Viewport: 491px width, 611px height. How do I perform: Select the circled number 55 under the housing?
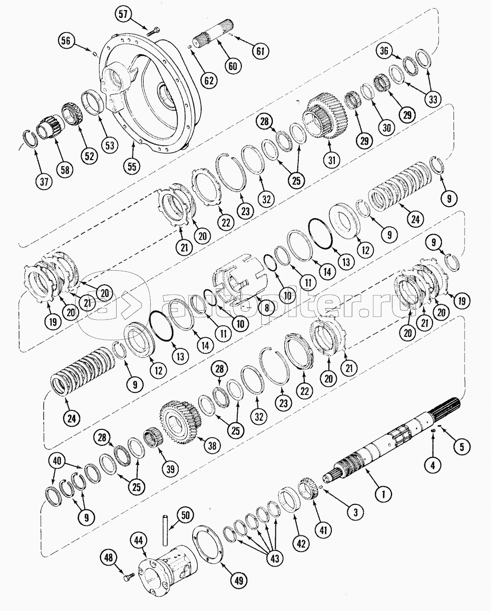[133, 166]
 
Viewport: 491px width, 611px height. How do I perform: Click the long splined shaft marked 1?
[380, 441]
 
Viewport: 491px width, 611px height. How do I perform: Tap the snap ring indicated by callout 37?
[32, 137]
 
